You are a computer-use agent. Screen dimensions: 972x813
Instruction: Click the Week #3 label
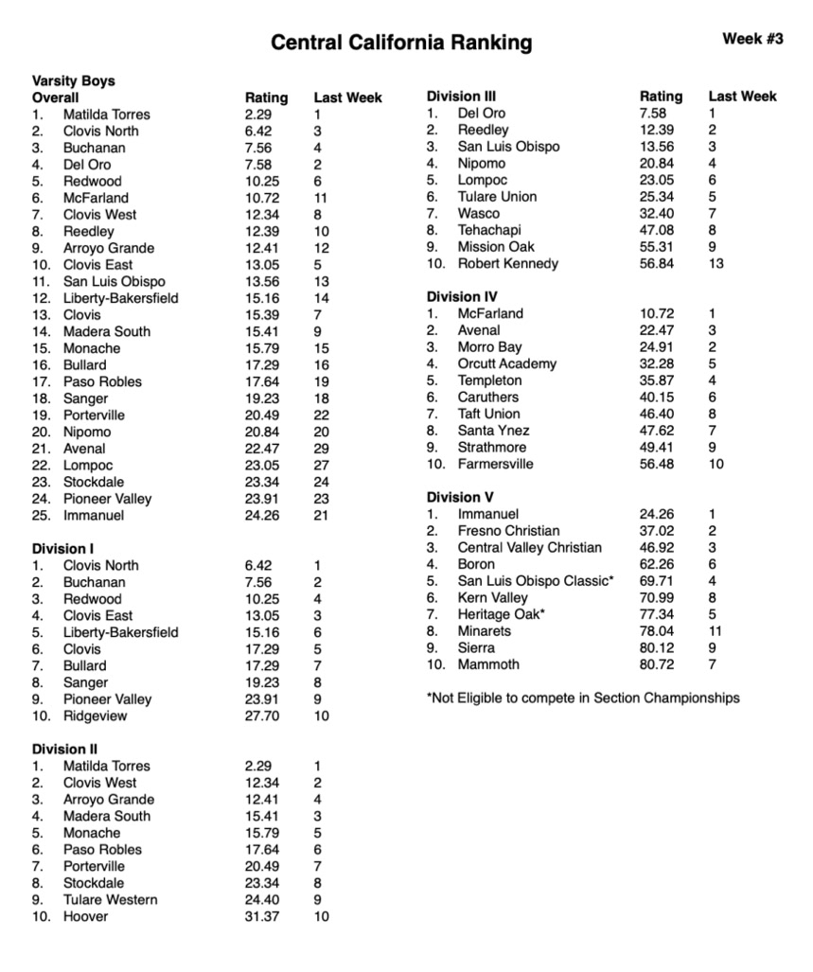pos(752,39)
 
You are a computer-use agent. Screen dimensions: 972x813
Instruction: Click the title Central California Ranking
pos(401,43)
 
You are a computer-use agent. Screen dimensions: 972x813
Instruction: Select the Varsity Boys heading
pos(73,81)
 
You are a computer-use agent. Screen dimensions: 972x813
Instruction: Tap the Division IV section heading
pos(462,297)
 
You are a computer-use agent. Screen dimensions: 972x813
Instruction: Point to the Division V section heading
pos(460,497)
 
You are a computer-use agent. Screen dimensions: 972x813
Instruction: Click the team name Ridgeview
pos(95,716)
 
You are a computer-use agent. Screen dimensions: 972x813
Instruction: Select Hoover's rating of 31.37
pos(261,916)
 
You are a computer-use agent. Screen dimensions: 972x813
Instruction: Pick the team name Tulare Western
pos(110,899)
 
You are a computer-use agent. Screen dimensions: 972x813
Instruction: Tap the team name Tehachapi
pos(489,230)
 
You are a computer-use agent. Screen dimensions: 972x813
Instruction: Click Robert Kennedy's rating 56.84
pos(657,263)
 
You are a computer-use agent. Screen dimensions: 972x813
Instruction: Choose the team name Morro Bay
pos(489,347)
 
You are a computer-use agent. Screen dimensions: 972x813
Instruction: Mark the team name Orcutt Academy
pos(506,363)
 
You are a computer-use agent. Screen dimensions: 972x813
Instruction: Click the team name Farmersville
pos(495,464)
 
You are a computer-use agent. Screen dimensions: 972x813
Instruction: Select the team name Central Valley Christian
pos(529,547)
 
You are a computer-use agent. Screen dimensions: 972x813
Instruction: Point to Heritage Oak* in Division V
pos(501,614)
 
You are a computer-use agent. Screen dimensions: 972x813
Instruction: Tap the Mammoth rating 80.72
pos(657,664)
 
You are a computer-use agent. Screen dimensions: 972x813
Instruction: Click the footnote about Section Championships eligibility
pos(583,698)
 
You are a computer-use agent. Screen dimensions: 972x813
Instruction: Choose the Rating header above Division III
pos(661,97)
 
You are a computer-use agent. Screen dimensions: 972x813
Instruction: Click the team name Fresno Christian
pos(508,531)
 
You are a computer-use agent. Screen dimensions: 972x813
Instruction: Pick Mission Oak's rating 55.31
pos(657,246)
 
